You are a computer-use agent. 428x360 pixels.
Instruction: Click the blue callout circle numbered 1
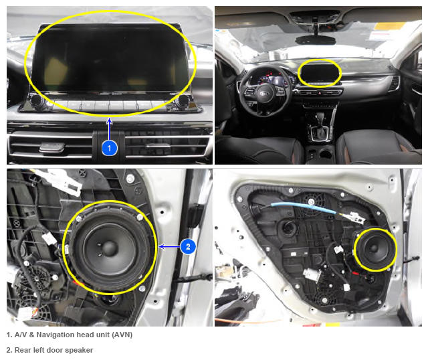pos(110,148)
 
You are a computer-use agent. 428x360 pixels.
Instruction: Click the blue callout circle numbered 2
pos(188,247)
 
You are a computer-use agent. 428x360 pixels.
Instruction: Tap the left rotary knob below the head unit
pos(37,100)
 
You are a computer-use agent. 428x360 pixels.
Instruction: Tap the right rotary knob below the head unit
pos(181,101)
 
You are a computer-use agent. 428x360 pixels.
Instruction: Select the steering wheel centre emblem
pos(264,94)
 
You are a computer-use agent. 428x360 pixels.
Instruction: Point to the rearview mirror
pos(316,40)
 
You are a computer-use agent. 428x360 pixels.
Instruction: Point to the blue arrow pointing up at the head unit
pos(109,129)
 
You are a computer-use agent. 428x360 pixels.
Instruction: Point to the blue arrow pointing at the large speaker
pos(169,247)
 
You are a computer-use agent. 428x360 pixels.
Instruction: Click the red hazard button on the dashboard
pos(320,93)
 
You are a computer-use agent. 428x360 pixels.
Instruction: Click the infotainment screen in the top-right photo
pos(319,73)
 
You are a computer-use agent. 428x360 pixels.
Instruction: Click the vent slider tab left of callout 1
pos(52,147)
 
